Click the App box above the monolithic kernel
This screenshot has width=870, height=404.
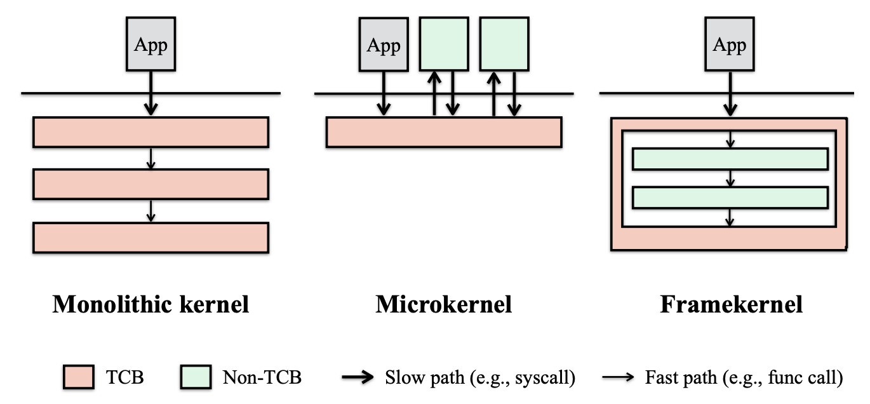pyautogui.click(x=151, y=44)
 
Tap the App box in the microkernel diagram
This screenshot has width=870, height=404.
pyautogui.click(x=384, y=44)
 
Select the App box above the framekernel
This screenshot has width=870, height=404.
pyautogui.click(x=729, y=44)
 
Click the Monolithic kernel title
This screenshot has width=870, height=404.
pyautogui.click(x=151, y=304)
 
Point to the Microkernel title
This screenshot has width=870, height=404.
pyautogui.click(x=443, y=304)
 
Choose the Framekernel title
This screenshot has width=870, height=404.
pyautogui.click(x=731, y=304)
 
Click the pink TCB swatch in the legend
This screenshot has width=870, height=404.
pyautogui.click(x=79, y=377)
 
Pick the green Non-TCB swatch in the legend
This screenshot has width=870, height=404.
pyautogui.click(x=196, y=377)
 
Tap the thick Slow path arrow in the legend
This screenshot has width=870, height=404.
pyautogui.click(x=358, y=377)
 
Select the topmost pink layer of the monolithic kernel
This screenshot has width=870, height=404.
pyautogui.click(x=151, y=132)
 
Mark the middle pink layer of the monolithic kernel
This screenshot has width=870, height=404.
pyautogui.click(x=151, y=184)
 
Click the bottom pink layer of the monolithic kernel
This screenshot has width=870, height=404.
pyautogui.click(x=151, y=237)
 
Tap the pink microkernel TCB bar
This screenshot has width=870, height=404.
pyautogui.click(x=443, y=132)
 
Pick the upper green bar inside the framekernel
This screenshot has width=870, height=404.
pyautogui.click(x=730, y=159)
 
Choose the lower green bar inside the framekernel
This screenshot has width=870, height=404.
pyautogui.click(x=730, y=198)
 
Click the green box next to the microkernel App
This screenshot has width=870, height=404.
pyautogui.click(x=444, y=44)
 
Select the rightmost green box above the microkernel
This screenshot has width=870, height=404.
pyautogui.click(x=504, y=44)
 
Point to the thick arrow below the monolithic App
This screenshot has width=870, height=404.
pyautogui.click(x=151, y=93)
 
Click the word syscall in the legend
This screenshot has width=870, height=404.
pyautogui.click(x=548, y=378)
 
